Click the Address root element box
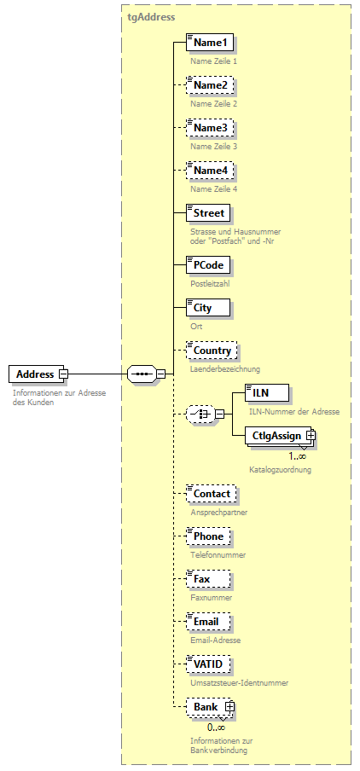tap(34, 374)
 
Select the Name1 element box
tap(210, 43)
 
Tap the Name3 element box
tap(210, 128)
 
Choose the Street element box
tap(209, 213)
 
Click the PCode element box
tap(208, 265)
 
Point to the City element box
tap(202, 308)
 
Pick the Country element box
tap(212, 351)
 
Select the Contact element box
tap(212, 494)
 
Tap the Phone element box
tap(208, 536)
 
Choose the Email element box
tap(206, 622)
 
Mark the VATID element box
tap(209, 664)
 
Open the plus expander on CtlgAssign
tap(311, 436)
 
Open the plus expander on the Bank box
tap(229, 707)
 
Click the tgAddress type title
tap(151, 16)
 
